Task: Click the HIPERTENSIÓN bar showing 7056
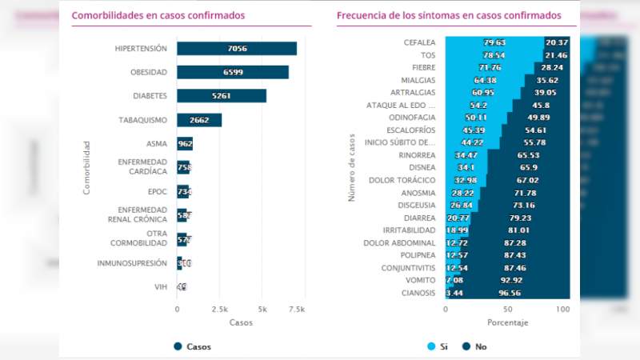pyautogui.click(x=236, y=49)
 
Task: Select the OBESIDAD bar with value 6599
pyautogui.click(x=232, y=73)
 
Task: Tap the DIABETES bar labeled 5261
pyautogui.click(x=221, y=96)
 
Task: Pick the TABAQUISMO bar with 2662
pyautogui.click(x=199, y=120)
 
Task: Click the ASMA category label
pyautogui.click(x=156, y=144)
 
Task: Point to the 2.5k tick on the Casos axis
pyautogui.click(x=220, y=308)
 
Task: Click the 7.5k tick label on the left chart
pyautogui.click(x=297, y=308)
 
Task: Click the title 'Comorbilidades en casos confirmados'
pyautogui.click(x=158, y=15)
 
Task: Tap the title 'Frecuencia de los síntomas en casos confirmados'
pyautogui.click(x=449, y=15)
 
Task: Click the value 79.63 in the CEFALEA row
pyautogui.click(x=495, y=42)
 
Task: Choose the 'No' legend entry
pyautogui.click(x=474, y=346)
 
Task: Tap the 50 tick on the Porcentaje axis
pyautogui.click(x=507, y=308)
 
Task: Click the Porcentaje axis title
pyautogui.click(x=507, y=322)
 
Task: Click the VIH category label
pyautogui.click(x=160, y=286)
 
